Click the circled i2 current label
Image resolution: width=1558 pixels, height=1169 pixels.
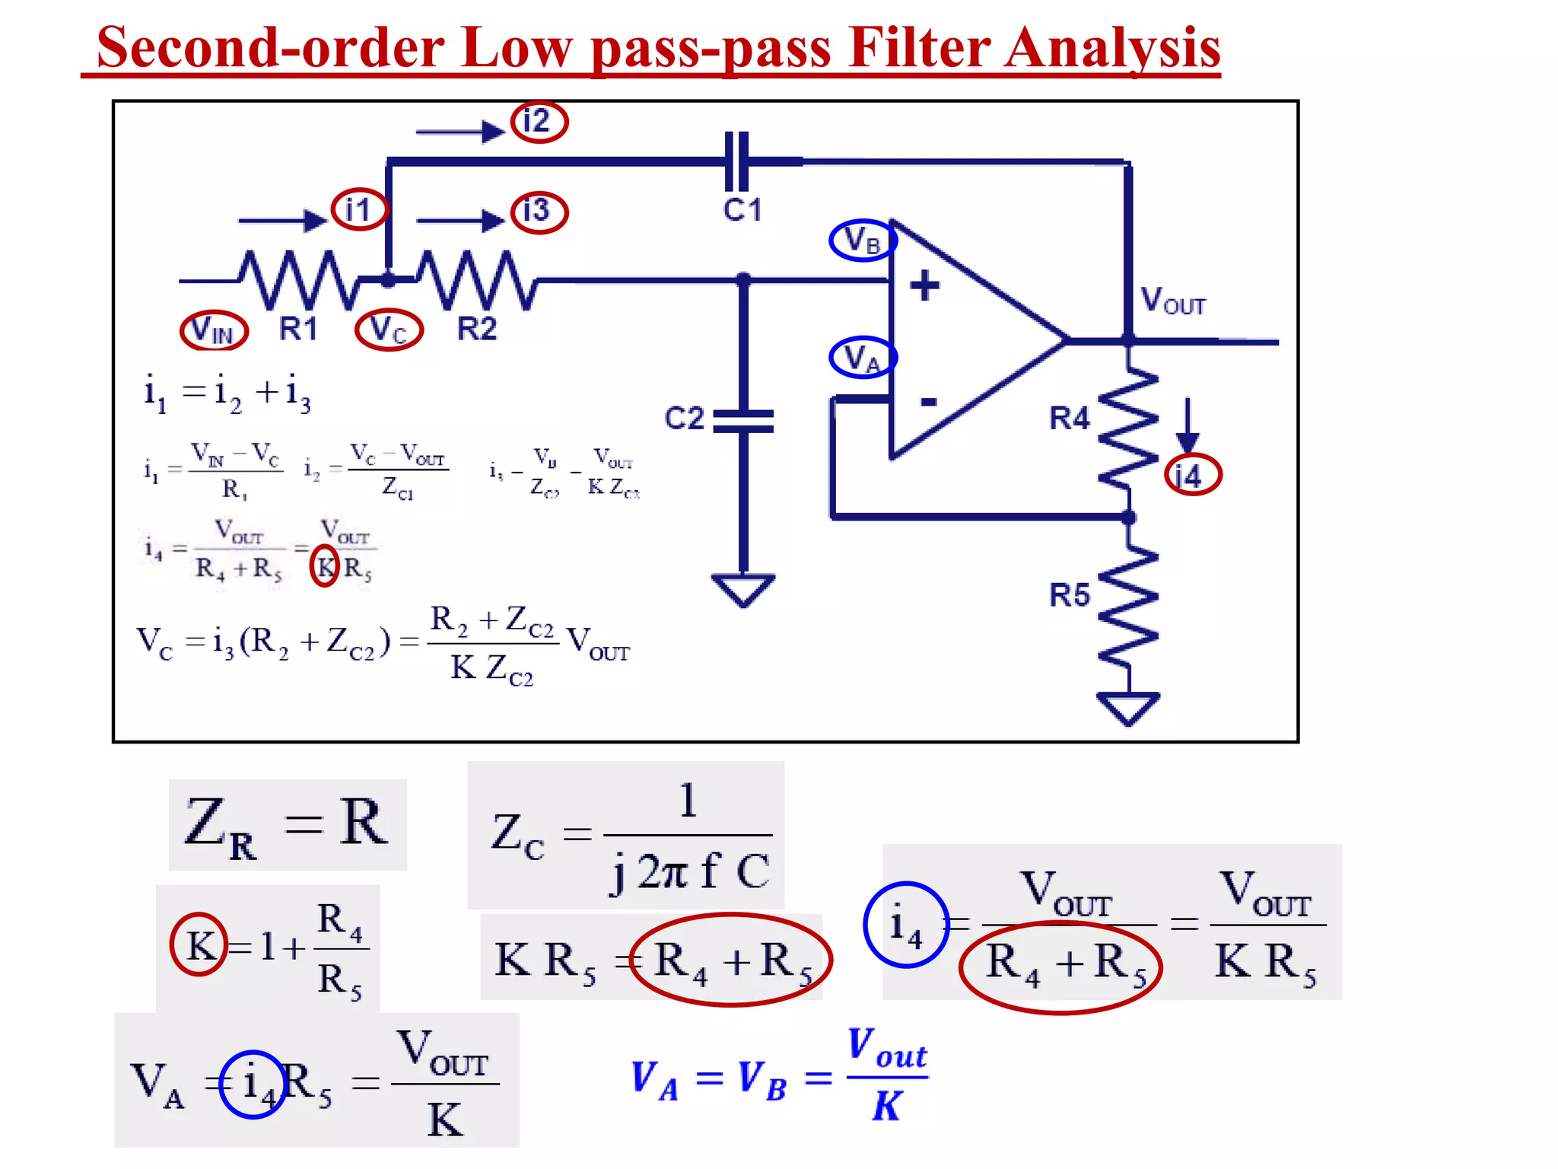(539, 122)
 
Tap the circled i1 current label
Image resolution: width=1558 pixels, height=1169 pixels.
(359, 209)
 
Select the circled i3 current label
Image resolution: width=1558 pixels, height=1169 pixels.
(539, 211)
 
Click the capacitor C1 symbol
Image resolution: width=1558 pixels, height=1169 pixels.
(736, 161)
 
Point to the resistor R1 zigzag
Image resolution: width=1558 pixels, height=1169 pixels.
(298, 279)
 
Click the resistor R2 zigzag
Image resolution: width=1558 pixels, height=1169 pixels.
(477, 280)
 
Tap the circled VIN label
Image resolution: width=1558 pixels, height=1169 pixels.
(214, 330)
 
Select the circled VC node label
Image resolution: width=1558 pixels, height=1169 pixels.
(389, 330)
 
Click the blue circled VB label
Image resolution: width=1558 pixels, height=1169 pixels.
(862, 240)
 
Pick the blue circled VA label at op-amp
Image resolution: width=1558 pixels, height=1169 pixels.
(862, 357)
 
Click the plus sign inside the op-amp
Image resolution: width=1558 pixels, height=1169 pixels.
(924, 285)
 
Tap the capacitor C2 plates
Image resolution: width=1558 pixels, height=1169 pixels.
(743, 421)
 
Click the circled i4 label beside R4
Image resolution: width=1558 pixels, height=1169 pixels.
(1192, 475)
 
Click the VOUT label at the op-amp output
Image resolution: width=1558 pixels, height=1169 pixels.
(1172, 301)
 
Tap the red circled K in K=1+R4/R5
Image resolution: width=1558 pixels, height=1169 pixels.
(199, 944)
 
